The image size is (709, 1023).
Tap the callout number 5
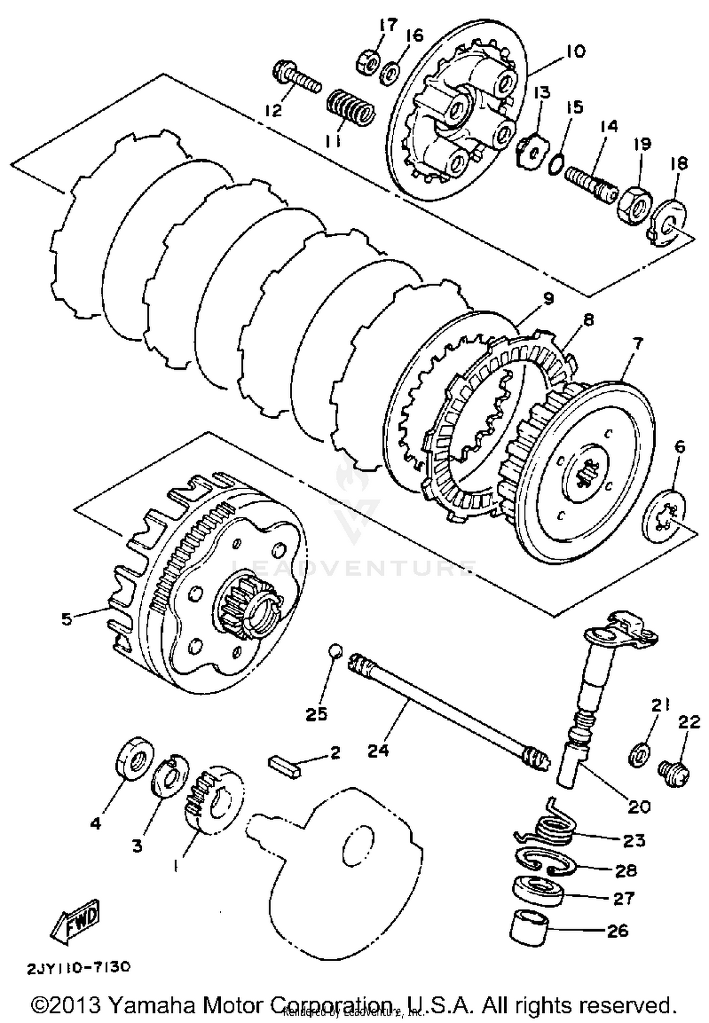(67, 619)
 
